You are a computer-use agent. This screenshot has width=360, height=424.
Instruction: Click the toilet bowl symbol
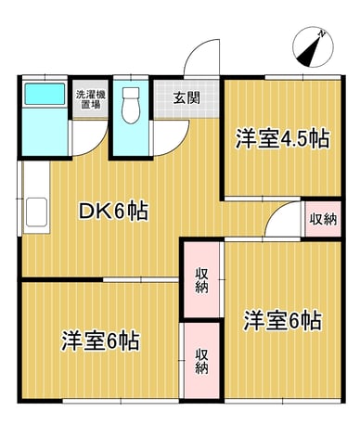(x=130, y=105)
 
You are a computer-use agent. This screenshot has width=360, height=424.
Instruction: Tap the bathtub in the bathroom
(x=45, y=94)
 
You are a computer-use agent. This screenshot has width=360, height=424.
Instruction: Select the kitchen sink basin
(x=36, y=212)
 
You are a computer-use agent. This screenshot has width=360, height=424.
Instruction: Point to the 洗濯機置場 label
(x=91, y=99)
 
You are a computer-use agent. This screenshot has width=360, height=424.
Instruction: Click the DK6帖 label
(x=113, y=211)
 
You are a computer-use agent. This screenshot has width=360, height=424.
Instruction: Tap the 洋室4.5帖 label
(x=282, y=139)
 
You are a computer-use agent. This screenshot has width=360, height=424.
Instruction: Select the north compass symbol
(x=313, y=46)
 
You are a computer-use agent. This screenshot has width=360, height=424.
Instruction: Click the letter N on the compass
(x=322, y=32)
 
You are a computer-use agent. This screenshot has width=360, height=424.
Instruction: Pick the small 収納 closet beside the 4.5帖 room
(x=323, y=219)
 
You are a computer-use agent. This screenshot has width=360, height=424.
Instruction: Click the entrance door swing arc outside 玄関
(x=201, y=58)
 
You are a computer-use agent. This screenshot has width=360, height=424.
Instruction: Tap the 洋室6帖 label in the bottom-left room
(x=100, y=341)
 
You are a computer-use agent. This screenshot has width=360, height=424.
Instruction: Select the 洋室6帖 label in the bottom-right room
(x=283, y=321)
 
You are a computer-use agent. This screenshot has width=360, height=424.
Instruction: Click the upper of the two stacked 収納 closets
(x=201, y=279)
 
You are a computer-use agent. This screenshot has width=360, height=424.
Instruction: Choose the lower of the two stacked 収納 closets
(x=201, y=361)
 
